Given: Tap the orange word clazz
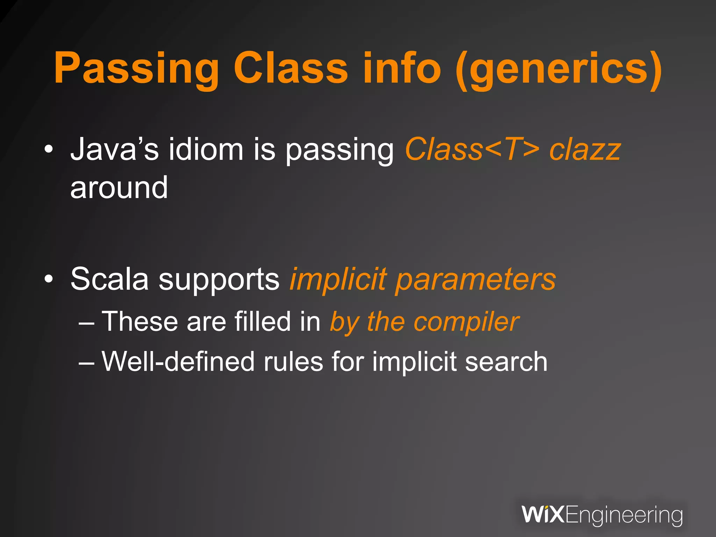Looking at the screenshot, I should [x=585, y=150].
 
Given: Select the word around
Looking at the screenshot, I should [x=119, y=188].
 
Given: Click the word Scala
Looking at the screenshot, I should [x=110, y=279].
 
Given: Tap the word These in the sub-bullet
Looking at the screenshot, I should [x=140, y=321].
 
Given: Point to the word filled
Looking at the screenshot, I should [x=262, y=321].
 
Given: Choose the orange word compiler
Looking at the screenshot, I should [x=466, y=322].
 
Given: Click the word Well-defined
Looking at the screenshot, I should [x=178, y=361].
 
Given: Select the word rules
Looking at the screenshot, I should [x=293, y=361].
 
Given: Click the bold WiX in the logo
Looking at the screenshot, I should [x=543, y=514].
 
